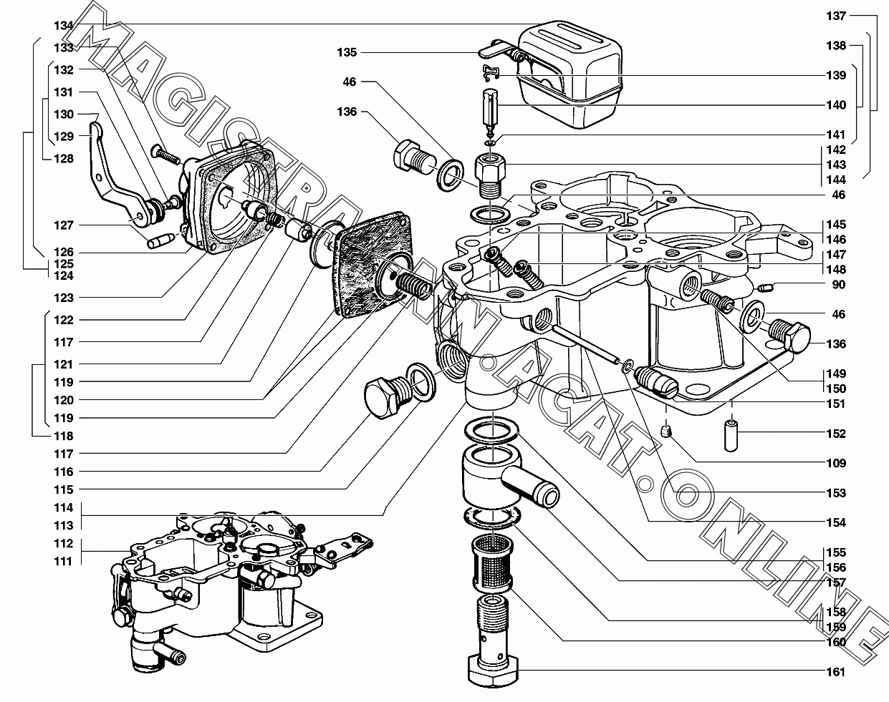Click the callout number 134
point(64,26)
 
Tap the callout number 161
point(836,672)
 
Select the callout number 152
point(836,434)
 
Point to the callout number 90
point(838,284)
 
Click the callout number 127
point(64,225)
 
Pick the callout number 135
point(347,52)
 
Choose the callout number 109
point(836,463)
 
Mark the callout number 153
point(836,493)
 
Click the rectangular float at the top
point(570,74)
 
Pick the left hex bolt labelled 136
point(415,161)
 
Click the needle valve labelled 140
point(490,112)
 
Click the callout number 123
point(64,298)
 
